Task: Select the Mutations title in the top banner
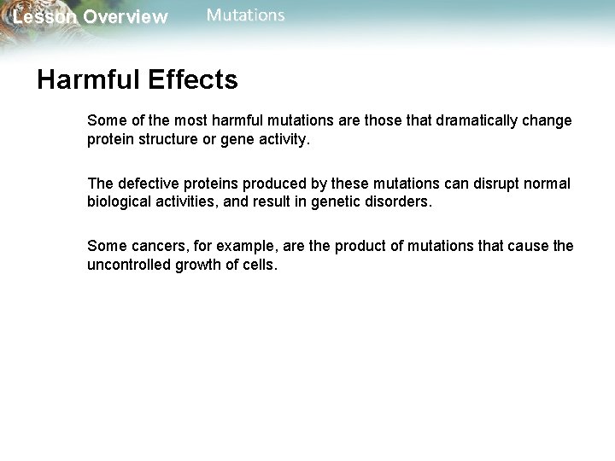246,15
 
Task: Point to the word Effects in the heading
192,80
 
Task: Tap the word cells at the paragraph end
261,266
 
